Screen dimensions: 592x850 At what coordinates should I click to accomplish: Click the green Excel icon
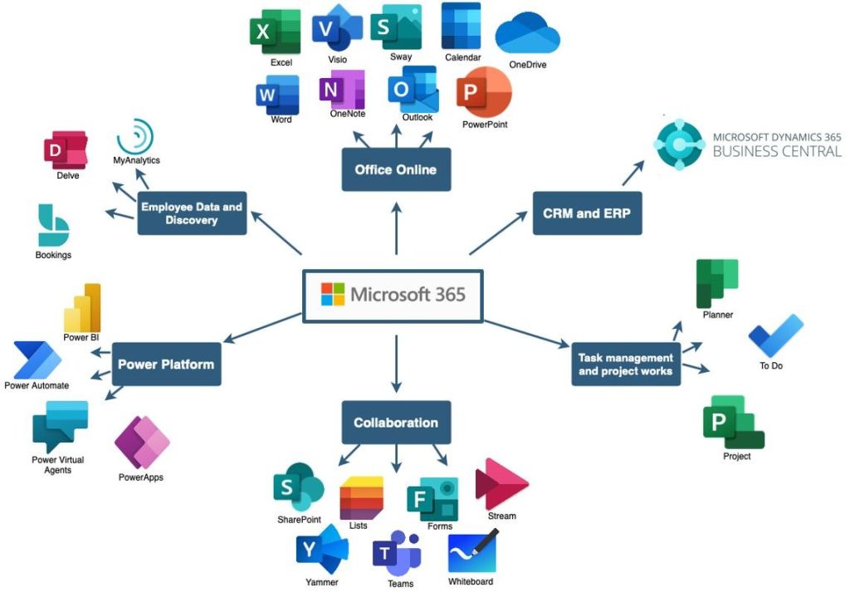click(x=275, y=32)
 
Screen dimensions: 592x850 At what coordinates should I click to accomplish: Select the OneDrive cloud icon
click(x=527, y=35)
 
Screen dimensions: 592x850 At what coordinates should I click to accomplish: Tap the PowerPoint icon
click(x=483, y=93)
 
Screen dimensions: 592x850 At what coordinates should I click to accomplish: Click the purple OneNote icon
click(x=342, y=89)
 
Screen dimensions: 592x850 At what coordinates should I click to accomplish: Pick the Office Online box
click(x=396, y=169)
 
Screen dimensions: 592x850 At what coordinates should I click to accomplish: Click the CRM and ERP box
click(x=587, y=213)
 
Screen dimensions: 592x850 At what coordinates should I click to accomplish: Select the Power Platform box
click(x=166, y=364)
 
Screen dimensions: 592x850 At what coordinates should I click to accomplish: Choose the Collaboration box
click(x=396, y=423)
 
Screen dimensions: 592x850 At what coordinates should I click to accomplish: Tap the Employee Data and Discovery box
click(x=192, y=213)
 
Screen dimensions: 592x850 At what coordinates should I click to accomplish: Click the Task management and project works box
click(x=626, y=364)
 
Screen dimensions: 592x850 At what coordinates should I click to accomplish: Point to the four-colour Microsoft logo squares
click(x=333, y=294)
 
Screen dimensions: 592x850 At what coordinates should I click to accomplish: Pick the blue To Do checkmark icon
click(x=775, y=335)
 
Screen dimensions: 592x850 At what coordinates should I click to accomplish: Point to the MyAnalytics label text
click(x=136, y=160)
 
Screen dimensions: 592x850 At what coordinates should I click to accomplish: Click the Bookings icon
click(x=53, y=225)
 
